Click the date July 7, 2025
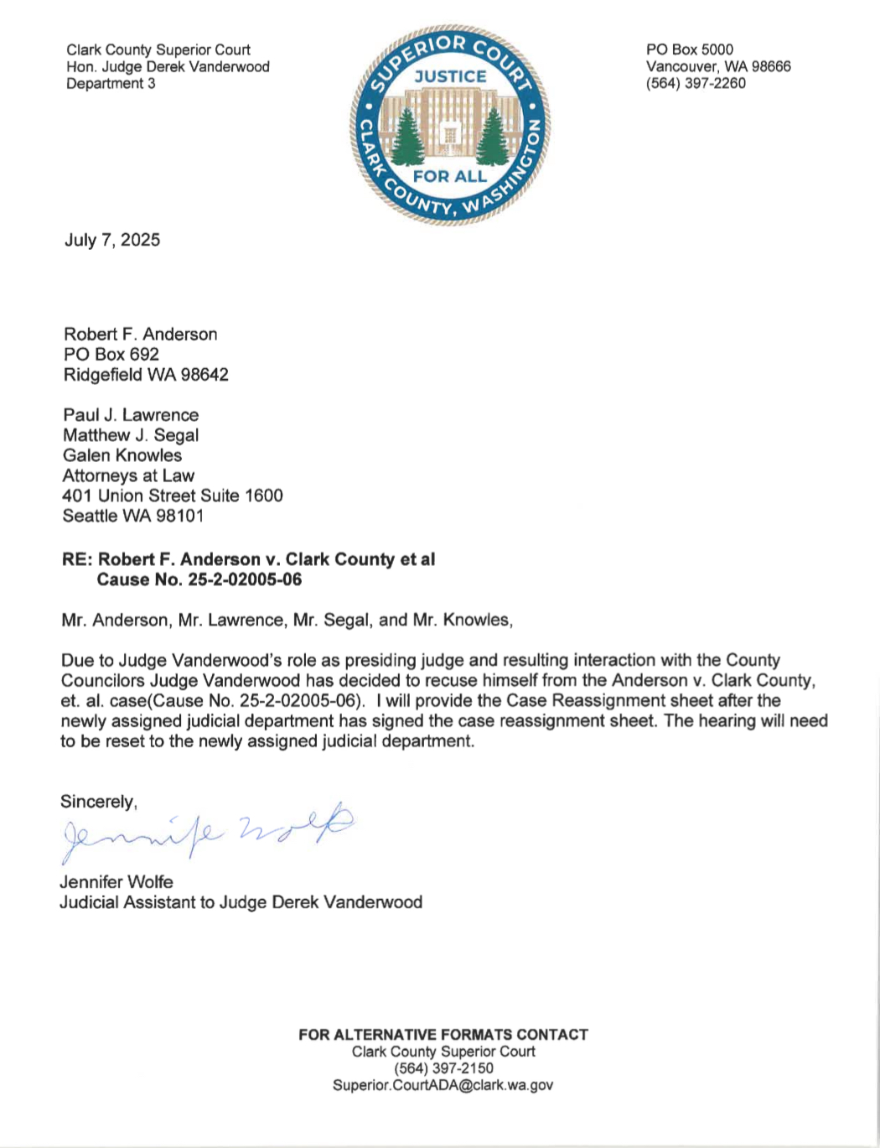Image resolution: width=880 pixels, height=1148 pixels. [x=112, y=240]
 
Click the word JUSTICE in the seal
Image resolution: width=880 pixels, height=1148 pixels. [x=450, y=76]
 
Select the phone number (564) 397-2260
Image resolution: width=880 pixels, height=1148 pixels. [x=696, y=83]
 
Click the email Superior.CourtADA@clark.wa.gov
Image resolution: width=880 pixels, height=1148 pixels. [x=443, y=1085]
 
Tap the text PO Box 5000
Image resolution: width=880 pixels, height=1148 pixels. [x=689, y=49]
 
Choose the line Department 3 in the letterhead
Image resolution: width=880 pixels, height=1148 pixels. [x=111, y=83]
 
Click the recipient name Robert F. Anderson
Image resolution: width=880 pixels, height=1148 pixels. [x=141, y=334]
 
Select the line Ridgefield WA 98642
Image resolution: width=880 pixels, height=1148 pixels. [x=146, y=375]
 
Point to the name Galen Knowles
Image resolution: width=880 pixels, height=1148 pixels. [x=122, y=455]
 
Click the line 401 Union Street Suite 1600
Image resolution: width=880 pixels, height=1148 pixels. [x=173, y=496]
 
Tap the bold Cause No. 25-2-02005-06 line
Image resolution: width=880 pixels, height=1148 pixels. [x=199, y=579]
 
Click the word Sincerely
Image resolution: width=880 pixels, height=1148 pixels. [x=98, y=802]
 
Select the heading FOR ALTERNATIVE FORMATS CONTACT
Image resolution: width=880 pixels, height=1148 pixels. [x=443, y=1035]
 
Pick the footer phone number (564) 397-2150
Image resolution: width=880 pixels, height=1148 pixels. [x=443, y=1068]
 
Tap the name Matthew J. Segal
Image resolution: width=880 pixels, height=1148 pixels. [x=131, y=435]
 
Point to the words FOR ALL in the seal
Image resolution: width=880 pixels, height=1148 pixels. [x=450, y=176]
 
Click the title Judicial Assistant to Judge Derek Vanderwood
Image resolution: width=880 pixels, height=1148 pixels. [x=241, y=902]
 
